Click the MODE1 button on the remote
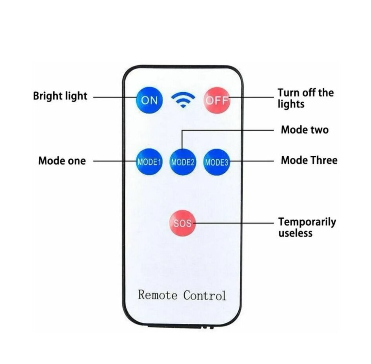click(x=149, y=162)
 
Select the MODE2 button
click(x=183, y=162)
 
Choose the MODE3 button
click(x=217, y=162)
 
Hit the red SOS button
click(x=183, y=223)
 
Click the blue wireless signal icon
click(x=183, y=100)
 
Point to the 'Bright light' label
click(x=60, y=96)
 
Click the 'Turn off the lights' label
click(x=305, y=98)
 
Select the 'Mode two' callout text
click(x=305, y=130)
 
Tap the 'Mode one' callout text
click(x=62, y=161)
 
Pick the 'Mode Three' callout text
click(x=309, y=160)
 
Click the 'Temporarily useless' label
click(x=307, y=227)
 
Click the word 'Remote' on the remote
click(x=158, y=295)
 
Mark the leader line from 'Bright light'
click(x=114, y=97)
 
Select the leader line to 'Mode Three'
click(x=252, y=161)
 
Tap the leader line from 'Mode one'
click(x=114, y=161)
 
